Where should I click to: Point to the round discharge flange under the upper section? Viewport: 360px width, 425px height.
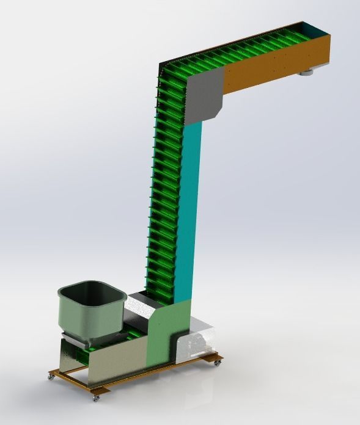point(306,73)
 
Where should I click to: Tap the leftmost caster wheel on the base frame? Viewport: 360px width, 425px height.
point(50,377)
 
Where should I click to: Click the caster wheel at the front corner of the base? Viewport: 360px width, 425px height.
point(95,398)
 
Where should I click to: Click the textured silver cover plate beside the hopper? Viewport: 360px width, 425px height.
point(139,309)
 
